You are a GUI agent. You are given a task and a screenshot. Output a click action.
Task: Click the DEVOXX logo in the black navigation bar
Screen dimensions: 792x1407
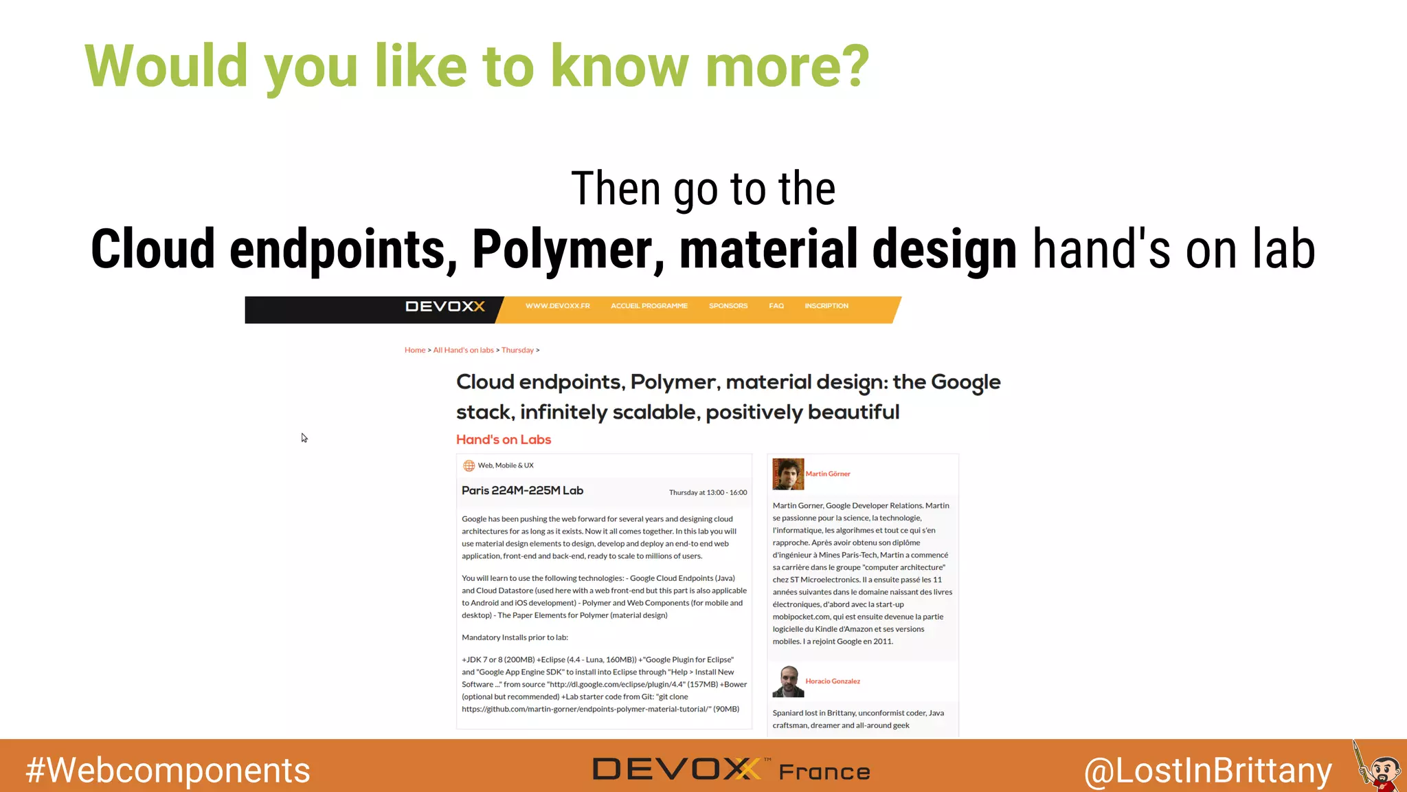click(x=445, y=306)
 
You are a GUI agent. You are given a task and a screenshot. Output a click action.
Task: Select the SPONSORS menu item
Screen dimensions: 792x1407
click(x=728, y=306)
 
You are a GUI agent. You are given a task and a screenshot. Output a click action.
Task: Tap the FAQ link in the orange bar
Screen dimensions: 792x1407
click(x=776, y=306)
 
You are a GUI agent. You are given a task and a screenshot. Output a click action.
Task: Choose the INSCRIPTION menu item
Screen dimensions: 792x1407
click(x=826, y=306)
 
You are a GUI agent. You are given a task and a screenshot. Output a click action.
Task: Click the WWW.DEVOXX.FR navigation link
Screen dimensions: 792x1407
click(x=557, y=306)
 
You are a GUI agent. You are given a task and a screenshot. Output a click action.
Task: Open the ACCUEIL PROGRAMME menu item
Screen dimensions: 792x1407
click(x=649, y=306)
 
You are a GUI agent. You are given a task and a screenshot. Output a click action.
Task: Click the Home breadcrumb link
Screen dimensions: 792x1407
click(x=414, y=350)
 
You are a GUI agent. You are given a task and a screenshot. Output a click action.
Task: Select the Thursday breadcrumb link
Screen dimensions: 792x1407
click(x=517, y=350)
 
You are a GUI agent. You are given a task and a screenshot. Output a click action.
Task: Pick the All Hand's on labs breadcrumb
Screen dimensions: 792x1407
click(x=463, y=350)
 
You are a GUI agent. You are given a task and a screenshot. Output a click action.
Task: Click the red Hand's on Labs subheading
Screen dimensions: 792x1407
click(x=503, y=439)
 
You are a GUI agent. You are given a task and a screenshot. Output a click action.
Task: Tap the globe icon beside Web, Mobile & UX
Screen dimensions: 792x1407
click(x=469, y=465)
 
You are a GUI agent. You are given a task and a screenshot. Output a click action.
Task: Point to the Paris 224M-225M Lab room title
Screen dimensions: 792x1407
click(x=522, y=490)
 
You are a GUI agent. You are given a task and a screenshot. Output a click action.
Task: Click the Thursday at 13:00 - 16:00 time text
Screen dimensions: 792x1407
click(x=708, y=492)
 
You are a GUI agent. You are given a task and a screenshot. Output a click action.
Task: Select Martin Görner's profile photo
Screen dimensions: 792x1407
click(x=788, y=474)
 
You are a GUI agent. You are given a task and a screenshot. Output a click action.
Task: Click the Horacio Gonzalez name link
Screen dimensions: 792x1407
click(x=833, y=681)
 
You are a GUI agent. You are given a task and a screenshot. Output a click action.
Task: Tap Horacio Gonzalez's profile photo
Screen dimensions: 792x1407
click(x=788, y=681)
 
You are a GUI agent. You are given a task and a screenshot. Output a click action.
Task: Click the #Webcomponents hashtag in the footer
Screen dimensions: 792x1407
click(x=168, y=770)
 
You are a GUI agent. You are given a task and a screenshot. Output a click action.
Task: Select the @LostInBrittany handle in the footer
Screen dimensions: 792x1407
click(x=1208, y=770)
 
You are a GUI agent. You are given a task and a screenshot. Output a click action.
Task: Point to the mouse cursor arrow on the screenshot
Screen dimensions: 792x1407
click(x=304, y=438)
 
